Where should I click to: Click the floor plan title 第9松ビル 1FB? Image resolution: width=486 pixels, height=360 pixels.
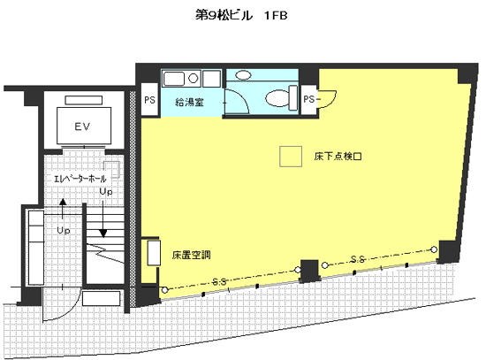click(x=241, y=15)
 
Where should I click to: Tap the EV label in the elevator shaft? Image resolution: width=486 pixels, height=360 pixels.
click(x=82, y=126)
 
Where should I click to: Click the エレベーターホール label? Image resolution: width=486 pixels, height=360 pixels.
click(x=80, y=179)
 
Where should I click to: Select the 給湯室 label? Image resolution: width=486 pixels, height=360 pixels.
click(x=189, y=102)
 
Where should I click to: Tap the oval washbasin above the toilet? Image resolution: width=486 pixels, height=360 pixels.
click(x=243, y=75)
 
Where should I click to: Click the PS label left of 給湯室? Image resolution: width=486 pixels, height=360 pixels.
click(x=149, y=100)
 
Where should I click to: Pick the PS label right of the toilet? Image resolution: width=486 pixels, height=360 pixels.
click(x=308, y=99)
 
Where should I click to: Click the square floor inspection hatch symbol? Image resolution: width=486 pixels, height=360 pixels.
click(x=291, y=157)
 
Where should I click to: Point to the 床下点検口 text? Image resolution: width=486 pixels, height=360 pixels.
click(x=338, y=156)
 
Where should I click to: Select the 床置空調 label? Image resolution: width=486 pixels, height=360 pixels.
click(x=191, y=255)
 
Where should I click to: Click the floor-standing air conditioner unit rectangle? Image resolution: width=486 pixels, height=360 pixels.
click(x=154, y=253)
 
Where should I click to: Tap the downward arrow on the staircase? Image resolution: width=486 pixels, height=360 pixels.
click(x=103, y=218)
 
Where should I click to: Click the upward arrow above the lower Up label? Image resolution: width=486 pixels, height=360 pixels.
click(x=63, y=210)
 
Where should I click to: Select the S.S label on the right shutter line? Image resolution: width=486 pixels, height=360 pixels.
click(x=358, y=259)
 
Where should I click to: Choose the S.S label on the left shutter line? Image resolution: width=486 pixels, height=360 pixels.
click(x=219, y=282)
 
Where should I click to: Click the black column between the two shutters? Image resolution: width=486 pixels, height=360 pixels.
click(x=309, y=271)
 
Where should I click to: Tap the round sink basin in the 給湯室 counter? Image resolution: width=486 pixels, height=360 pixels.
click(x=194, y=78)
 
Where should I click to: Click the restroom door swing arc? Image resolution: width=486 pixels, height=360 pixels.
click(x=242, y=97)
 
